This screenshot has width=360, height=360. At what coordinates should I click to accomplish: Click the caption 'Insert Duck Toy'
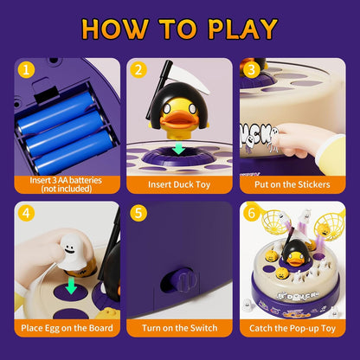click(x=179, y=184)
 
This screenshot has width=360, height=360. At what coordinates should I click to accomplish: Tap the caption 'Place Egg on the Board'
click(x=68, y=329)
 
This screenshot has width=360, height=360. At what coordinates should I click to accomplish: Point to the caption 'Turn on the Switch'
click(x=179, y=329)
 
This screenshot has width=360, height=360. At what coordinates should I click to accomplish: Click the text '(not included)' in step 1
click(x=68, y=190)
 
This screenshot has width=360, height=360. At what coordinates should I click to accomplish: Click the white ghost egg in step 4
click(x=61, y=250)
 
